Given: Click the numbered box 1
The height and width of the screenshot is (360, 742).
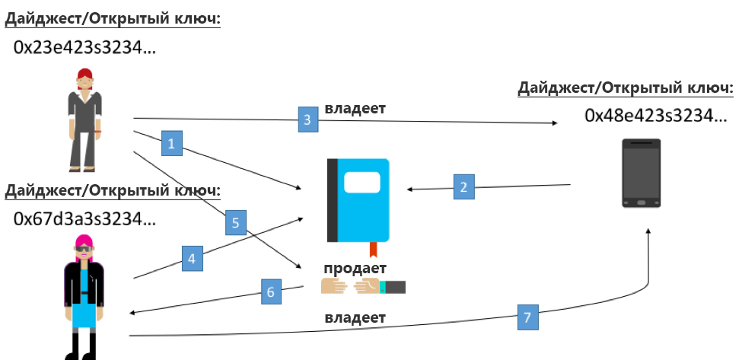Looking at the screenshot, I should pos(172,143).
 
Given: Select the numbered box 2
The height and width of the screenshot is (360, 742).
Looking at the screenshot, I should pos(466,187).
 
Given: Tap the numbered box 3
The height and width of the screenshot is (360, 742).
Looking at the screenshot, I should pos(307,120).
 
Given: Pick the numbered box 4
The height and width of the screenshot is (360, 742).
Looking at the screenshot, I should pos(192,258).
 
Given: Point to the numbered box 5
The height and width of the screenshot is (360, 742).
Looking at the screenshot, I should pos(235,223).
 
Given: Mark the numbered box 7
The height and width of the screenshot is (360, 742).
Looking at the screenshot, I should pos(527,317).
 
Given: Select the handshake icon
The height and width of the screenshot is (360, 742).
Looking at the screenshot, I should pos(363,286).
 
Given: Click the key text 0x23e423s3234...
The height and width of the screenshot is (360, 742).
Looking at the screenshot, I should pos(84,48).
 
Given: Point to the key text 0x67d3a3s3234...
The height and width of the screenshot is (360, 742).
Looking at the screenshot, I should pos(84,219).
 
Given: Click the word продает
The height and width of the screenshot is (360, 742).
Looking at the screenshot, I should pos(355,268).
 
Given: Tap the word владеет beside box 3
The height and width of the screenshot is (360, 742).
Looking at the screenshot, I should pos(355,108).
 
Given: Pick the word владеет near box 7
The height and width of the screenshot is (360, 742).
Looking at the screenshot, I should pos(355,317).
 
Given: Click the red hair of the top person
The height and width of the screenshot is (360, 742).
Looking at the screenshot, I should pos(84,75).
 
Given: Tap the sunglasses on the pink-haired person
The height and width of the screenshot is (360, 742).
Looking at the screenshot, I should pos(83,249).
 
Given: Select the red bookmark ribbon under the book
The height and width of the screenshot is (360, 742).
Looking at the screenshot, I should pos(373,249).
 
